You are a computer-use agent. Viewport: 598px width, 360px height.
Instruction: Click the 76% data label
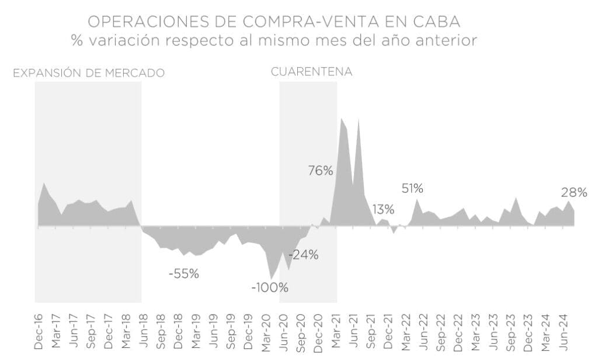[321, 171]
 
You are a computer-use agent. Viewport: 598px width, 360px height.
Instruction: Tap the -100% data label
[270, 288]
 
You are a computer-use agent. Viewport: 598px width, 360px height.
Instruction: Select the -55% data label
[184, 274]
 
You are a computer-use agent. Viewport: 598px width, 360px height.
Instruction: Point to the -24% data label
[303, 255]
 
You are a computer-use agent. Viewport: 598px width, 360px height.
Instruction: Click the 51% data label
[412, 188]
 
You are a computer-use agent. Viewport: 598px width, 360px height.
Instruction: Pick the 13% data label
[383, 209]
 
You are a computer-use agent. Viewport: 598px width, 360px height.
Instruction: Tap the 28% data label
[574, 192]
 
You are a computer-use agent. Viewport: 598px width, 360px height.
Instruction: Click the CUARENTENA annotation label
[311, 72]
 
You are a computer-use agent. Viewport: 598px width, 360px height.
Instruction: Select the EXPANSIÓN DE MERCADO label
[89, 73]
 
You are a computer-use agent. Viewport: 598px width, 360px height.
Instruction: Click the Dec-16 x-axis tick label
[39, 331]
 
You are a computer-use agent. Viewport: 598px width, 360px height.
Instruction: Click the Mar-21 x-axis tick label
[336, 331]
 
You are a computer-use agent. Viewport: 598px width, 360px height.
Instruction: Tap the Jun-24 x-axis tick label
[564, 331]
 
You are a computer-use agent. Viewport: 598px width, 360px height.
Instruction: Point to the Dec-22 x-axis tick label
[458, 331]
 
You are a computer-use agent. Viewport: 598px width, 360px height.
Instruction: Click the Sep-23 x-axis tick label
[511, 331]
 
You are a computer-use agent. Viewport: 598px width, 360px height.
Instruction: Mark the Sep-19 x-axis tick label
[231, 331]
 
